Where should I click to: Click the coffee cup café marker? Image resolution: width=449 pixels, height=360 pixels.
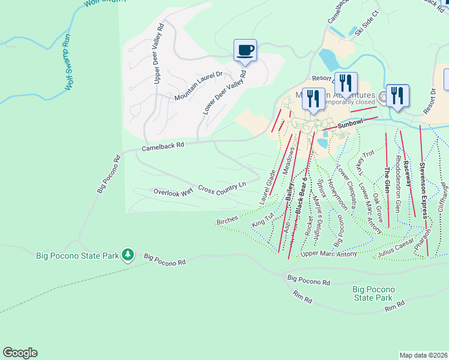(245, 50)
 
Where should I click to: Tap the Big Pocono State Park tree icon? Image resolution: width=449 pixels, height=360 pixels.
(127, 256)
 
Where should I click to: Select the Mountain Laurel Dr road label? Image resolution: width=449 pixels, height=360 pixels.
(198, 86)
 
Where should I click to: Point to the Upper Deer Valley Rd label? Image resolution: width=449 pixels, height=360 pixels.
(160, 53)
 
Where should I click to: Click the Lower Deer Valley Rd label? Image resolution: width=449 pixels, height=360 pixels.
(224, 92)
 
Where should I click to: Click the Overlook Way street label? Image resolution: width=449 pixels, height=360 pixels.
(173, 192)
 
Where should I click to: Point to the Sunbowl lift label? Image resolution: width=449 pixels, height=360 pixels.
(350, 123)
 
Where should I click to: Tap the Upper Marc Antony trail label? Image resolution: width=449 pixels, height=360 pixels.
(328, 254)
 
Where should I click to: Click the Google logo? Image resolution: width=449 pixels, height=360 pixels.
(20, 353)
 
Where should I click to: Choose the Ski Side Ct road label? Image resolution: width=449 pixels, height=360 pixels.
(367, 22)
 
